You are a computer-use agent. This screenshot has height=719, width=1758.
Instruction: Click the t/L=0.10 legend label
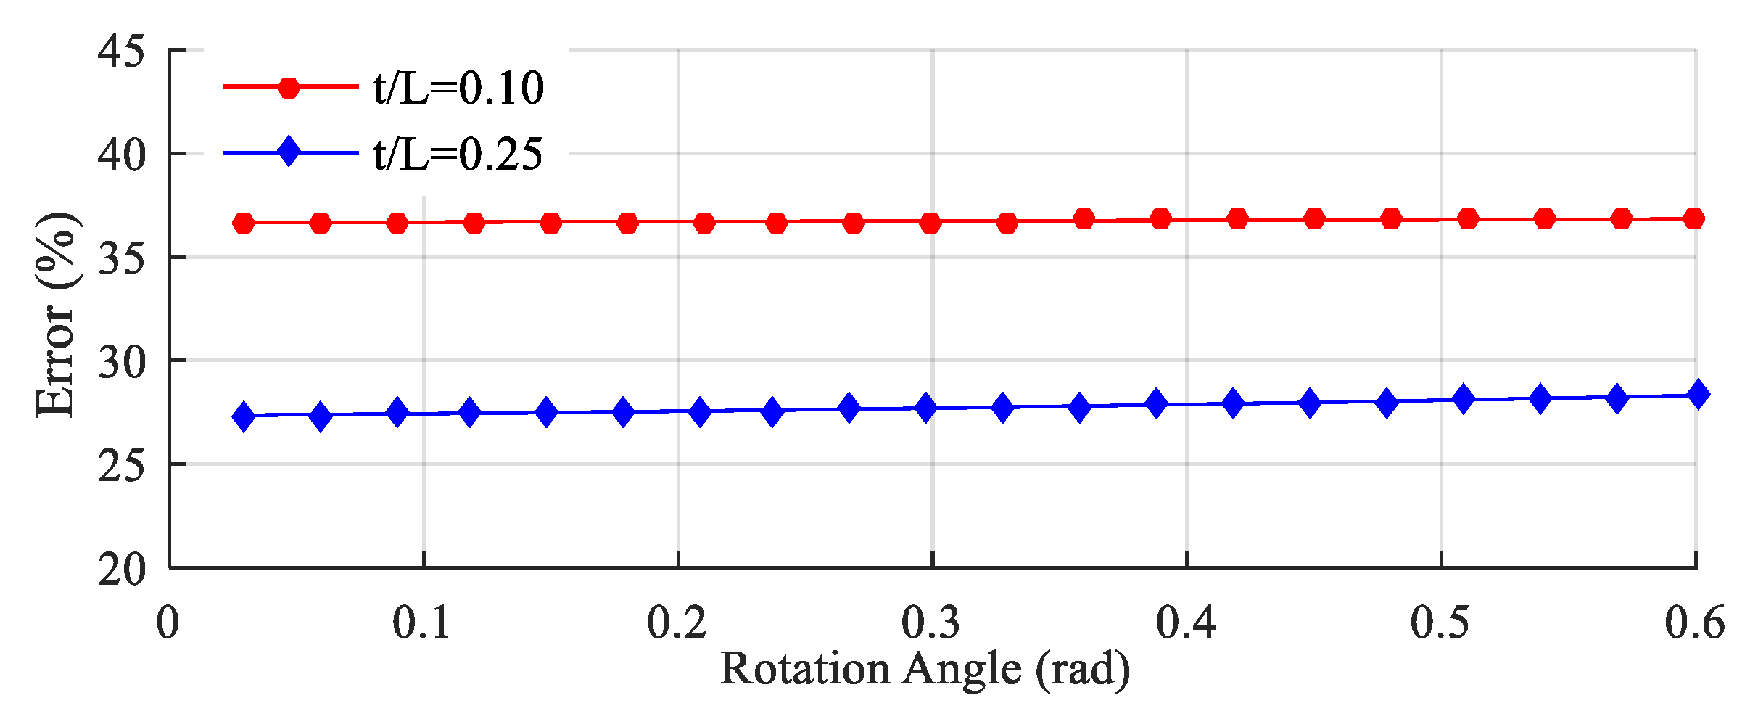pos(458,89)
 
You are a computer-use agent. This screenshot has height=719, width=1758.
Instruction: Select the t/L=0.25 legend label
pos(458,155)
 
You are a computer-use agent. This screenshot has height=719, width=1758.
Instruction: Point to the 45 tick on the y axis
pos(121,52)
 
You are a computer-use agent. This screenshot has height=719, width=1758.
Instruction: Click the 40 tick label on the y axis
pos(121,155)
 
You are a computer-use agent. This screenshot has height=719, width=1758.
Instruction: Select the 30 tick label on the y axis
pos(121,362)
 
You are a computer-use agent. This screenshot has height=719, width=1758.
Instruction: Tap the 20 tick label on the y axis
pos(121,570)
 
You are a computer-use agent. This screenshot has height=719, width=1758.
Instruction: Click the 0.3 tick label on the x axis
pos(930,623)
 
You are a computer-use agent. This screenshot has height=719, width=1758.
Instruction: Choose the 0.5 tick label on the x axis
pos(1440,623)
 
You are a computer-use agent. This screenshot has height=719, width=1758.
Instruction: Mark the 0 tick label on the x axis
pos(168,623)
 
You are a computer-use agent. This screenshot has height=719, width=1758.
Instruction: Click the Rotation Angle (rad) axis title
pos(925,669)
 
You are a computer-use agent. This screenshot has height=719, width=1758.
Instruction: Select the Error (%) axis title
pos(56,316)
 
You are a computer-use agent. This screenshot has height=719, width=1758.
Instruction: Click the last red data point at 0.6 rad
pos(1694,218)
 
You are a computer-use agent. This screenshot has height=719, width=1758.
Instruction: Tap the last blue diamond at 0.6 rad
pos(1698,395)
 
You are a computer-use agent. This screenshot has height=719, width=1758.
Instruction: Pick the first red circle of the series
pos(244,223)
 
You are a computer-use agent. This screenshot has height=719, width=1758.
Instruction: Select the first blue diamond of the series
pos(244,416)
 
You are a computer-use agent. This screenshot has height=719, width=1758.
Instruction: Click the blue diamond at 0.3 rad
pos(926,408)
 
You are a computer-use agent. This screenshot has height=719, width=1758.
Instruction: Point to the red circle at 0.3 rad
pos(930,223)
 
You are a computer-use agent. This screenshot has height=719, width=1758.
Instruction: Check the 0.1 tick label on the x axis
pos(421,623)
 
